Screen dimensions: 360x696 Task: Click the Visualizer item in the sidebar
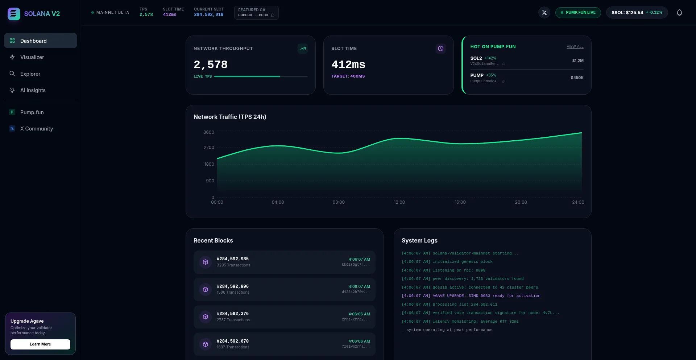[32, 57]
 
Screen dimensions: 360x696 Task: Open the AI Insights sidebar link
[33, 90]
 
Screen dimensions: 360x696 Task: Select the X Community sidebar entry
[36, 129]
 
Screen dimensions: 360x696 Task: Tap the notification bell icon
[679, 13]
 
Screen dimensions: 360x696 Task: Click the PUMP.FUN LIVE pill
[578, 13]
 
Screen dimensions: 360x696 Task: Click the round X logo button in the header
[544, 13]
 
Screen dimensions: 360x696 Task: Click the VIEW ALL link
[575, 47]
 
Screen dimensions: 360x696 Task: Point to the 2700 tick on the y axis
[209, 148]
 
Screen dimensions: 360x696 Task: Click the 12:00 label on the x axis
[399, 202]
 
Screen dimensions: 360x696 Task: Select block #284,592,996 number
[233, 286]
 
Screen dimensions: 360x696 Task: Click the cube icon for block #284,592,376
[206, 317]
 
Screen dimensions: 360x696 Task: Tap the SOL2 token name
[476, 58]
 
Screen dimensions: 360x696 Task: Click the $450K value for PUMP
[577, 78]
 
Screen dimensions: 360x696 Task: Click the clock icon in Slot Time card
[440, 49]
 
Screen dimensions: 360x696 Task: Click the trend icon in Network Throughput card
[303, 49]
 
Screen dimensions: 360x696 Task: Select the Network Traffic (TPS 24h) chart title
[230, 117]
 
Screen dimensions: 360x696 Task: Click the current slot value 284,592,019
[208, 15]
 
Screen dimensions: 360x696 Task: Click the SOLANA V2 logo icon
[14, 14]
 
